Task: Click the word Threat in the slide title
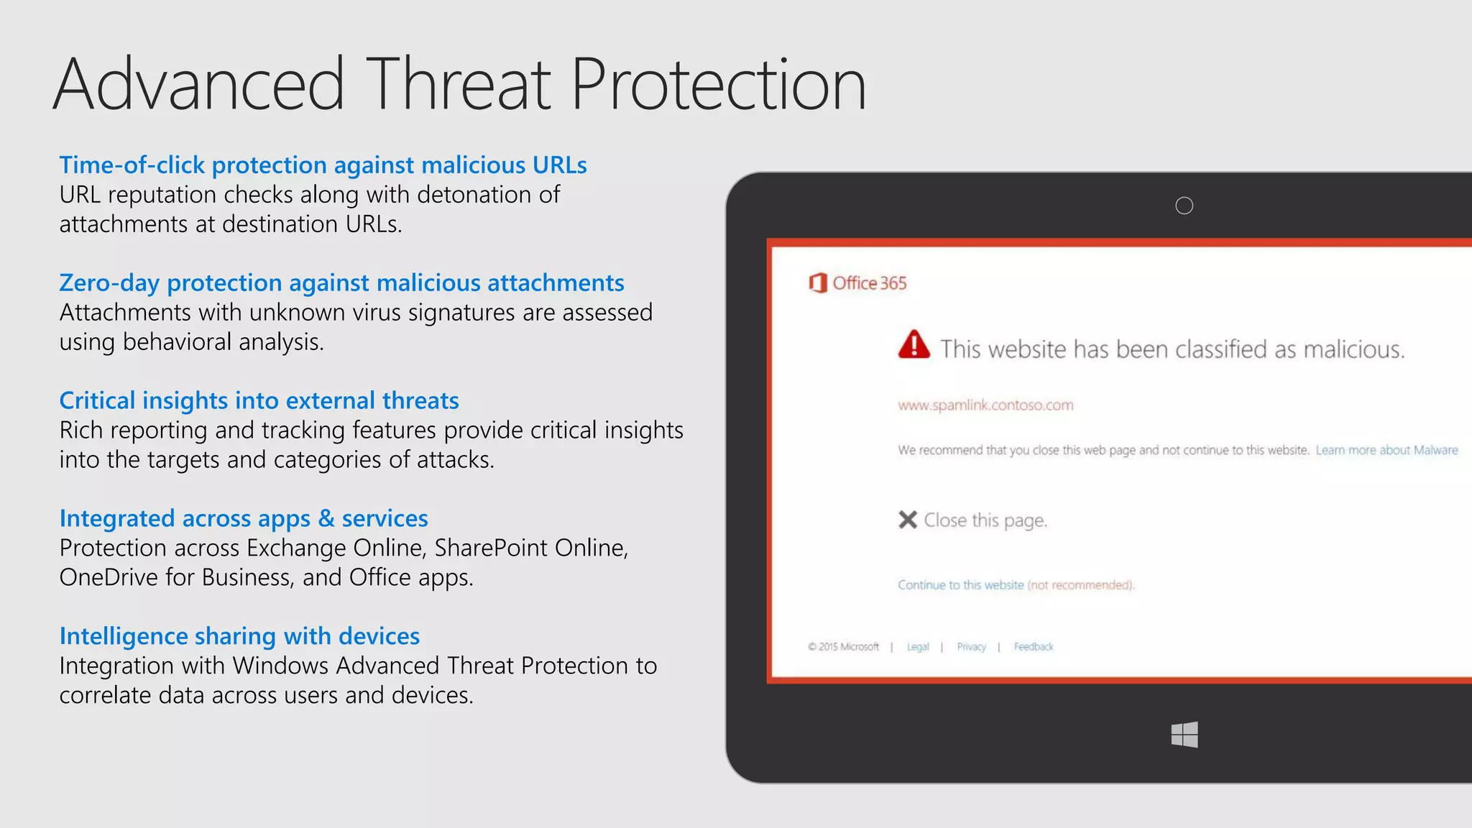(460, 85)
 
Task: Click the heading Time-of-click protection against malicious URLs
(323, 165)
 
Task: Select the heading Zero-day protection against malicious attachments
(341, 283)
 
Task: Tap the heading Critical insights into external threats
(259, 401)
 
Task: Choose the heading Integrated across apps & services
(244, 519)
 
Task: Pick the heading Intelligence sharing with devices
(239, 637)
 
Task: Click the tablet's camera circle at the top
(1184, 206)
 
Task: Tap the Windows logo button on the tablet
(1184, 735)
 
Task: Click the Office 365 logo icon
(818, 283)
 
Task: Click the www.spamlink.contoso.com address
(985, 405)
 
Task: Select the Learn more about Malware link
(1386, 451)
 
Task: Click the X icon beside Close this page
(908, 520)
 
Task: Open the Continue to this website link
(960, 585)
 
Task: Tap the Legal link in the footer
(917, 647)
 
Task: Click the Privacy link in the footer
(971, 647)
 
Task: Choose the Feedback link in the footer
(1033, 647)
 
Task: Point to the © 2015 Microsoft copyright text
(843, 647)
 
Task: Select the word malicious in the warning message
(1353, 350)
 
